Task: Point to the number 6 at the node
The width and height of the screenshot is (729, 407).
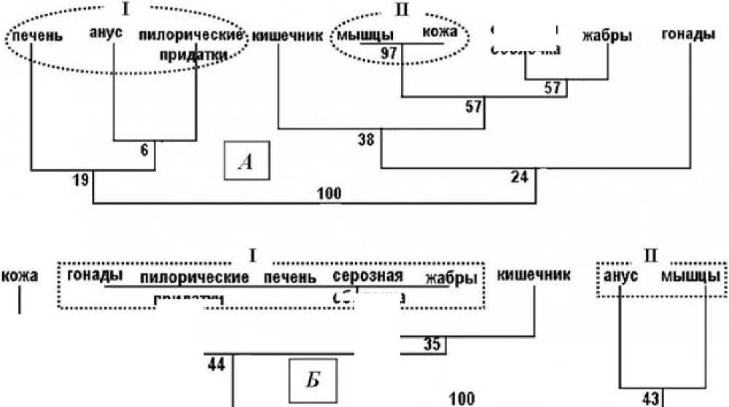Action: tap(144, 151)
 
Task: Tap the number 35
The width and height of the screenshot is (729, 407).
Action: tap(432, 345)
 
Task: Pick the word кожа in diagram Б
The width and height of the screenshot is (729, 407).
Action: tap(20, 277)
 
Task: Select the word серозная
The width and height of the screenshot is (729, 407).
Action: tap(368, 277)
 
